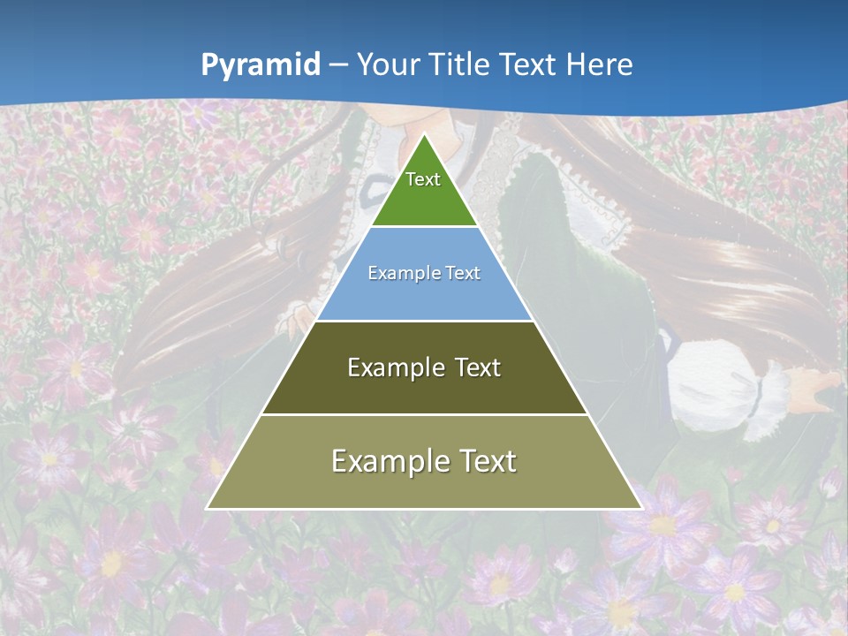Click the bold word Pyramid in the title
[x=261, y=65]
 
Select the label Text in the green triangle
[x=423, y=179]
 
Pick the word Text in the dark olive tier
[x=478, y=367]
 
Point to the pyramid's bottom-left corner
[x=208, y=508]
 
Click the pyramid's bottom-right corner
[x=640, y=508]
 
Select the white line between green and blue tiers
[x=424, y=227]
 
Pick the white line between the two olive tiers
[x=424, y=414]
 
